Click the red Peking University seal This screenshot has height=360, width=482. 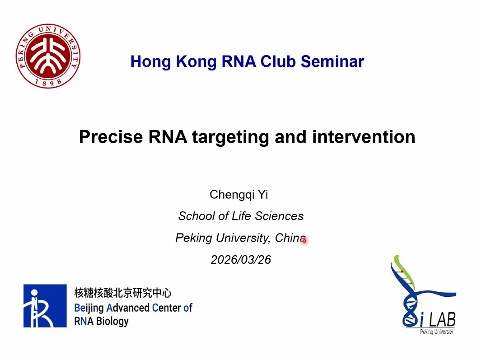[x=48, y=56]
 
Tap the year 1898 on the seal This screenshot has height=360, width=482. [x=47, y=82]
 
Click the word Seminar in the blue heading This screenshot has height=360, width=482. [x=332, y=61]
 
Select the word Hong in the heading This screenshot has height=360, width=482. [x=150, y=62]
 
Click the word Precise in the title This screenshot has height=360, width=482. [x=111, y=137]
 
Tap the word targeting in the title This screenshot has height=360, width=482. [x=230, y=137]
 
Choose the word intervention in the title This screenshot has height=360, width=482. [x=364, y=137]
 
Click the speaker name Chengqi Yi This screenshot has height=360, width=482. [x=239, y=195]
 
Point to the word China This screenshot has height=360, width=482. [x=290, y=238]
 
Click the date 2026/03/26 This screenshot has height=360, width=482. [x=241, y=260]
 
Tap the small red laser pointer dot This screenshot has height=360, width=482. [x=304, y=240]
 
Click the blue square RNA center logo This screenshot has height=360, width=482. [x=45, y=306]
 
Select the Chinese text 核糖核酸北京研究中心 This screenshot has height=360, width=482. [x=123, y=293]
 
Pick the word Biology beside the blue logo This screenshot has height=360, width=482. [x=112, y=322]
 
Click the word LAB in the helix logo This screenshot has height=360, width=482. [x=442, y=319]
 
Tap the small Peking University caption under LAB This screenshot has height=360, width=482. [x=436, y=332]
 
